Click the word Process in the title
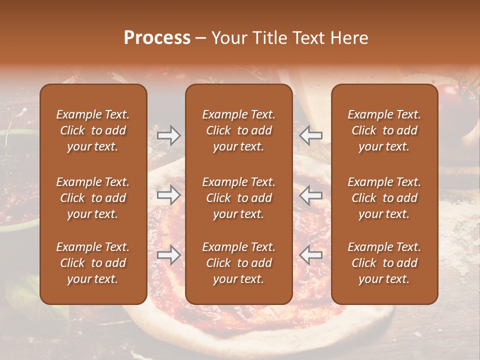[x=157, y=38]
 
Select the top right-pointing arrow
[x=169, y=135]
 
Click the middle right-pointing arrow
[x=169, y=194]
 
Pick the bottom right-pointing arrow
[x=169, y=254]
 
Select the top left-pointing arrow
[x=311, y=135]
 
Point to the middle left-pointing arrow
[x=311, y=194]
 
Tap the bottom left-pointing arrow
[x=311, y=254]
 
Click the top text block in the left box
[x=93, y=130]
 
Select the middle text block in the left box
[x=93, y=198]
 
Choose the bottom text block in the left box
[x=93, y=263]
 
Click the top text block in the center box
[x=238, y=130]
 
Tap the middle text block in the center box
[x=238, y=198]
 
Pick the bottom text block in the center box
[x=238, y=263]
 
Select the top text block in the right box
[x=384, y=130]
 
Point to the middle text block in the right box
[x=384, y=198]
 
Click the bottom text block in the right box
[x=384, y=263]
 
